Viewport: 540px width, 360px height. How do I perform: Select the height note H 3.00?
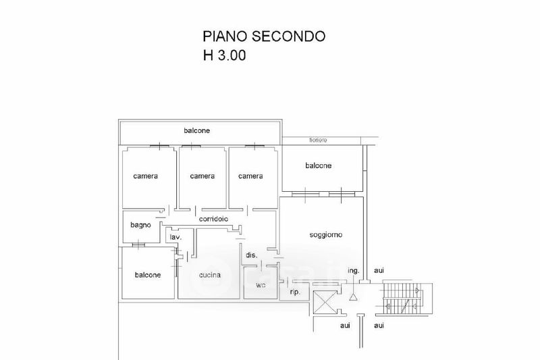click(225, 56)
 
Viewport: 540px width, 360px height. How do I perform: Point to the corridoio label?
click(213, 220)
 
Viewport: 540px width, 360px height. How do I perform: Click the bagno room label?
click(140, 225)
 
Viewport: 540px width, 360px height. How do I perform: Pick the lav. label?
click(175, 238)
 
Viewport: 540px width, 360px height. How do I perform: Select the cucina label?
click(211, 275)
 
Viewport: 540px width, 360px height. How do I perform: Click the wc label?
click(261, 285)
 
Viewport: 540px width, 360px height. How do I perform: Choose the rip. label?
click(295, 292)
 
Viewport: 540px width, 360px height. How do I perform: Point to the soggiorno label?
click(326, 235)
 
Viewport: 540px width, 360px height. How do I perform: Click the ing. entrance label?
click(354, 271)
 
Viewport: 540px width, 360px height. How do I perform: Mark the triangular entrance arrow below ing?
click(352, 296)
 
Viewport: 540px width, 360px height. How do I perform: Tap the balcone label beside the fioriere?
click(319, 165)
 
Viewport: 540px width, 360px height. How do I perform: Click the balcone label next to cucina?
click(148, 275)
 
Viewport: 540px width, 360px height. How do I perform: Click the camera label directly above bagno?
click(145, 176)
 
